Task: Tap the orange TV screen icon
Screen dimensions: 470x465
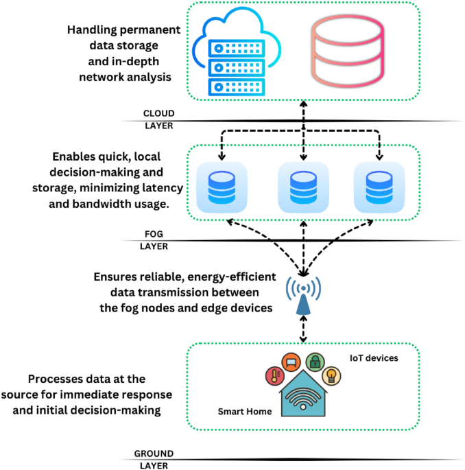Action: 291,362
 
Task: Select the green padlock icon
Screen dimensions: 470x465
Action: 314,362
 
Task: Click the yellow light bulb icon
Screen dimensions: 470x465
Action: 332,375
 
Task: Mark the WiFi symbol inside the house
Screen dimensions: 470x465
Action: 303,399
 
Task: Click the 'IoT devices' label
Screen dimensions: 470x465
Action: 374,357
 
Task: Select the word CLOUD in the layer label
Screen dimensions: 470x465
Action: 158,113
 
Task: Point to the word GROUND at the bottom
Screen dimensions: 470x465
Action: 154,454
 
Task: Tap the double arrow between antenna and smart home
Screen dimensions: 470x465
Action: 302,331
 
